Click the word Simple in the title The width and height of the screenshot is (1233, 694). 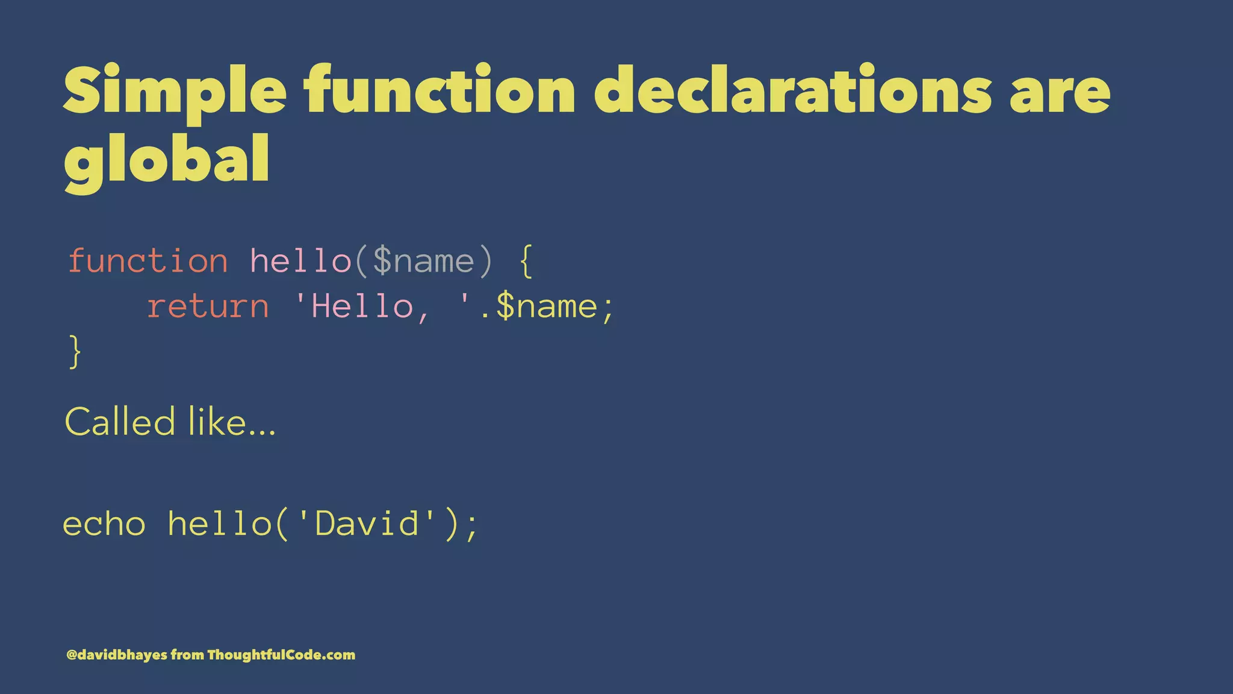pyautogui.click(x=175, y=92)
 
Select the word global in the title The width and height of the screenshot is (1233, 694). pyautogui.click(x=167, y=159)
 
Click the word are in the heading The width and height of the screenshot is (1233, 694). pyautogui.click(x=1060, y=92)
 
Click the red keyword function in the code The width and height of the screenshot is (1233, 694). pyautogui.click(x=148, y=261)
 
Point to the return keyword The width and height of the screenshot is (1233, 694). pyautogui.click(x=208, y=307)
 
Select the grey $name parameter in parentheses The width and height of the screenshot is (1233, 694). pyautogui.click(x=424, y=261)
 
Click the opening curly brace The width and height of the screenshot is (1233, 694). pyautogui.click(x=526, y=261)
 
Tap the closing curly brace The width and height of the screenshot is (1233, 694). pyautogui.click(x=75, y=352)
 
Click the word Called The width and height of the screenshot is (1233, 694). pyautogui.click(x=120, y=421)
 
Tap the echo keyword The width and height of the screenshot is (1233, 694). pyautogui.click(x=104, y=524)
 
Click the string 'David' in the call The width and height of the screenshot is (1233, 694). pyautogui.click(x=367, y=524)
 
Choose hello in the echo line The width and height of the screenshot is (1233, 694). pyautogui.click(x=220, y=524)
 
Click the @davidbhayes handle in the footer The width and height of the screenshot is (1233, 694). pyautogui.click(x=117, y=655)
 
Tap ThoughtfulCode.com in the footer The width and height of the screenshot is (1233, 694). pyautogui.click(x=281, y=655)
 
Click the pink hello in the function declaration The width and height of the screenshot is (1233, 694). pyautogui.click(x=300, y=261)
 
